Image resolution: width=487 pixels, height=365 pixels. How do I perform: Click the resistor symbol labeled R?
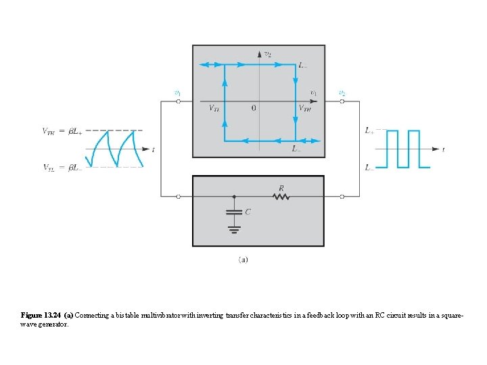coord(281,197)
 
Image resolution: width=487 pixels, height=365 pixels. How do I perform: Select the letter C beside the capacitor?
coord(248,212)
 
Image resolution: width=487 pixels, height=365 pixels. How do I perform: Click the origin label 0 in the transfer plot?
coord(253,108)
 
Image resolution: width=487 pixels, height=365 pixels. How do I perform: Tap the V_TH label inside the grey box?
coord(305,108)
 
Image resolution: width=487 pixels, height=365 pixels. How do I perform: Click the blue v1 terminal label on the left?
coord(177,93)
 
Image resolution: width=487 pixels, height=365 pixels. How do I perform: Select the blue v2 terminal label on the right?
coord(342,93)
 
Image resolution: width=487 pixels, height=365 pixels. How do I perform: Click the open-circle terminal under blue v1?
coord(178,102)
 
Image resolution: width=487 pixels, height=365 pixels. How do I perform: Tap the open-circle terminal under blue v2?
coord(342,102)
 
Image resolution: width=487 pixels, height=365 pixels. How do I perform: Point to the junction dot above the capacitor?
coord(234,197)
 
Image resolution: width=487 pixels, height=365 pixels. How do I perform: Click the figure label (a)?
coord(243,259)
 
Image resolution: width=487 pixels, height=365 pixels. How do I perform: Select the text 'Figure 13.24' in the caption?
coord(41,316)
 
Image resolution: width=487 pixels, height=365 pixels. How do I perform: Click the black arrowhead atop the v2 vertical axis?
coord(258,53)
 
